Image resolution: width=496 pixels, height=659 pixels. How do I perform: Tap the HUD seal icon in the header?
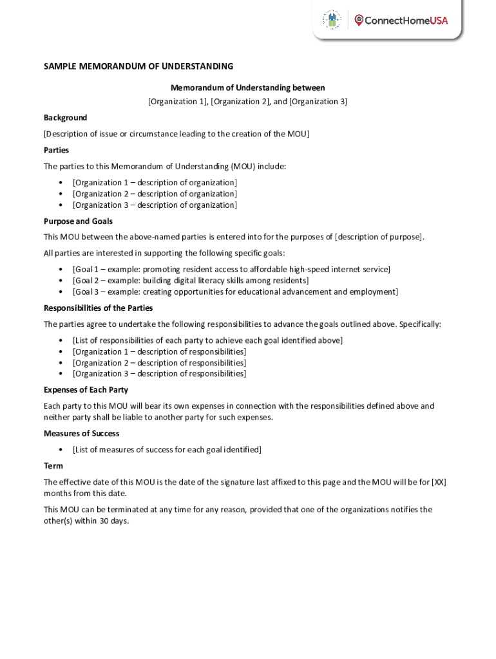(332, 20)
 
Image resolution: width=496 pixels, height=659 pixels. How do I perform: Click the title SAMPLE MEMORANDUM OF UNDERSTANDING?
(138, 66)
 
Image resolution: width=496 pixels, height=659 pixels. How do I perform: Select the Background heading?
(65, 118)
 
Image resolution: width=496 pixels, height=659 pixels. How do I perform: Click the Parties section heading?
(56, 150)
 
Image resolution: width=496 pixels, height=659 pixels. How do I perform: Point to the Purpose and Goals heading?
(78, 221)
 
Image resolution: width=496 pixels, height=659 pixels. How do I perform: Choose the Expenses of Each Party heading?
(86, 389)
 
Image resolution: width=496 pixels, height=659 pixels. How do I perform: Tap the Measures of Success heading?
(81, 433)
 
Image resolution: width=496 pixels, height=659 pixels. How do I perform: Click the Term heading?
(53, 465)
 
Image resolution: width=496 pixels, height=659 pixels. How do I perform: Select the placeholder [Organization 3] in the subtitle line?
(318, 102)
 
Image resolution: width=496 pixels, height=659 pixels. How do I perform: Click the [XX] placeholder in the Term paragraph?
(439, 482)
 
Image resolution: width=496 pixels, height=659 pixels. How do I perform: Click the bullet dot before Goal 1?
(61, 270)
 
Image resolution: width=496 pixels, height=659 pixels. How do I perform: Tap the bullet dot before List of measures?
(61, 450)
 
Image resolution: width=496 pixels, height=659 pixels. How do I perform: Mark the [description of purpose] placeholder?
(379, 237)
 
